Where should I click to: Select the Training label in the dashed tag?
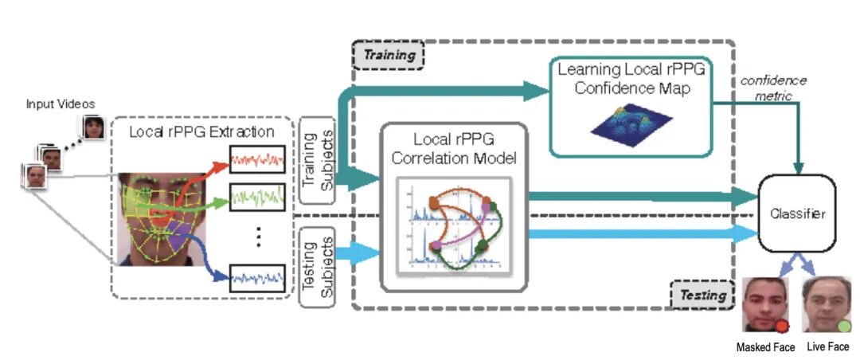(x=389, y=55)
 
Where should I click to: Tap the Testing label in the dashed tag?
(x=700, y=295)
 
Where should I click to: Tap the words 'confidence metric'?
(x=772, y=87)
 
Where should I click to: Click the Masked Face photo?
(x=765, y=305)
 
